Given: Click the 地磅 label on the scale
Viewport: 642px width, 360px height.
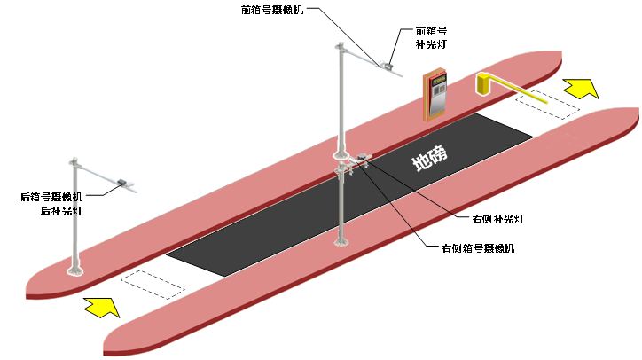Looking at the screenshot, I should tap(430, 159).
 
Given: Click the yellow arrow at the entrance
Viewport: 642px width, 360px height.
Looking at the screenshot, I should tap(102, 307).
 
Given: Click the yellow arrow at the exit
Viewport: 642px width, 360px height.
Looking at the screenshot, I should tap(582, 88).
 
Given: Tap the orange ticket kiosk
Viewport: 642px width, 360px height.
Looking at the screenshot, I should tap(435, 96).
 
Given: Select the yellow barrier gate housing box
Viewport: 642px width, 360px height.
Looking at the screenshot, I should tap(483, 84).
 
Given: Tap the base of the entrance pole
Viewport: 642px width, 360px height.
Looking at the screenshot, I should tap(75, 270).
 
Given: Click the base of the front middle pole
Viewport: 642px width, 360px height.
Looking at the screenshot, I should tap(340, 240).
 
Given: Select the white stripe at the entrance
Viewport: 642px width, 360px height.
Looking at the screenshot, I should tap(152, 284).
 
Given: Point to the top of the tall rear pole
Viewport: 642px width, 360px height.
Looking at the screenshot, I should tap(339, 45).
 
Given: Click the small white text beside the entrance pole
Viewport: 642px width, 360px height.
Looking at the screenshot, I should tap(77, 203).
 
